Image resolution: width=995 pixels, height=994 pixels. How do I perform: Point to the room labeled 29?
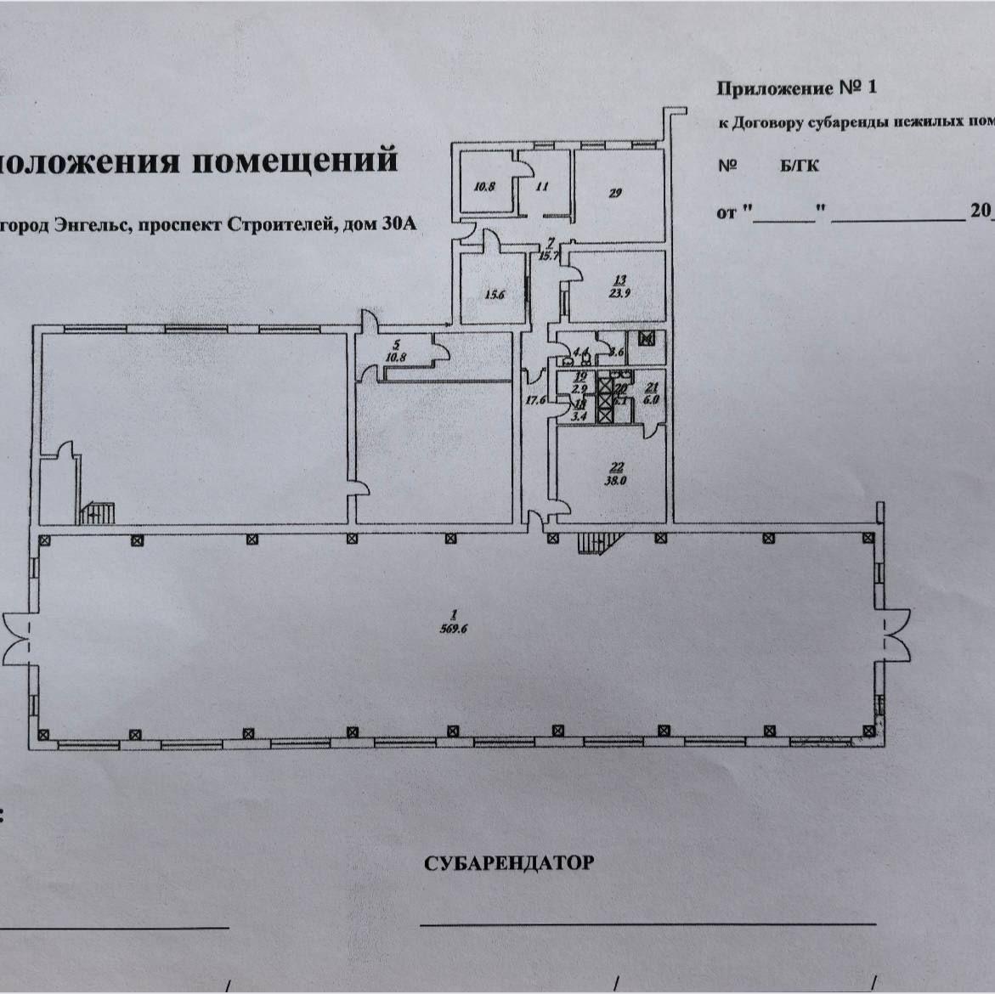(x=615, y=193)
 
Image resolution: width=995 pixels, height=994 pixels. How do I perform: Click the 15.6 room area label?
(x=495, y=296)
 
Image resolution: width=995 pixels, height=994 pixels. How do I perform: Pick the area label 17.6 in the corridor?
(x=535, y=400)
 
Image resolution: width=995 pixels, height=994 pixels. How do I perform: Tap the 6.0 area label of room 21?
(x=652, y=398)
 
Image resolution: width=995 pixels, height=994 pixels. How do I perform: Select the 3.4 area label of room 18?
(x=579, y=416)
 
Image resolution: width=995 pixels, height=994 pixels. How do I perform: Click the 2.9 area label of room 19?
(x=580, y=388)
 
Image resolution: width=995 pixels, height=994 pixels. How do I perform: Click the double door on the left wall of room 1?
(x=17, y=638)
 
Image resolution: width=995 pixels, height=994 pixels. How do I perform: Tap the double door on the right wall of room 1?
(x=896, y=636)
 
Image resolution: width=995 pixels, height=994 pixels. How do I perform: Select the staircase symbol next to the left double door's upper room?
(x=98, y=512)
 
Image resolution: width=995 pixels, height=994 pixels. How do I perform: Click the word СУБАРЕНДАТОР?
(x=509, y=864)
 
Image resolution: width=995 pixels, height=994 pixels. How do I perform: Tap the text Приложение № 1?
(x=795, y=88)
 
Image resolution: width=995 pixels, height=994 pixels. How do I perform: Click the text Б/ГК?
(x=800, y=166)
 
